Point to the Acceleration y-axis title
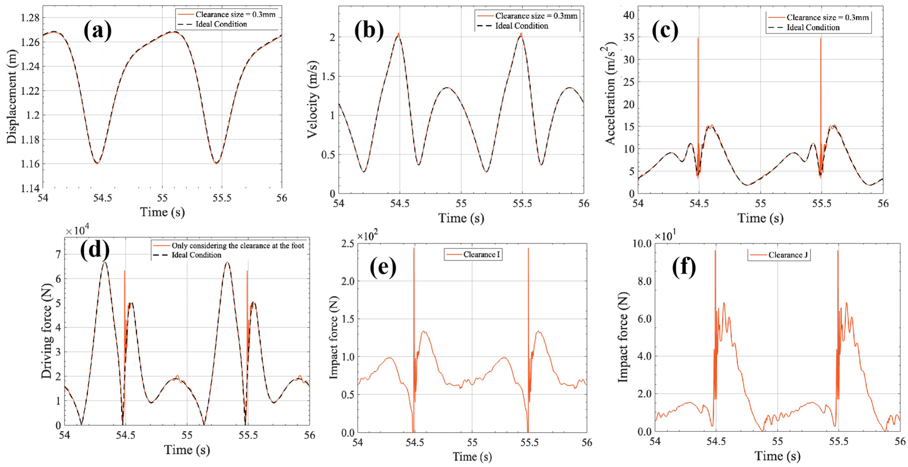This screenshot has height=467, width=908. pos(611,93)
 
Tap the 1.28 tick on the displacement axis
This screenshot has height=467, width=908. pos(30,18)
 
